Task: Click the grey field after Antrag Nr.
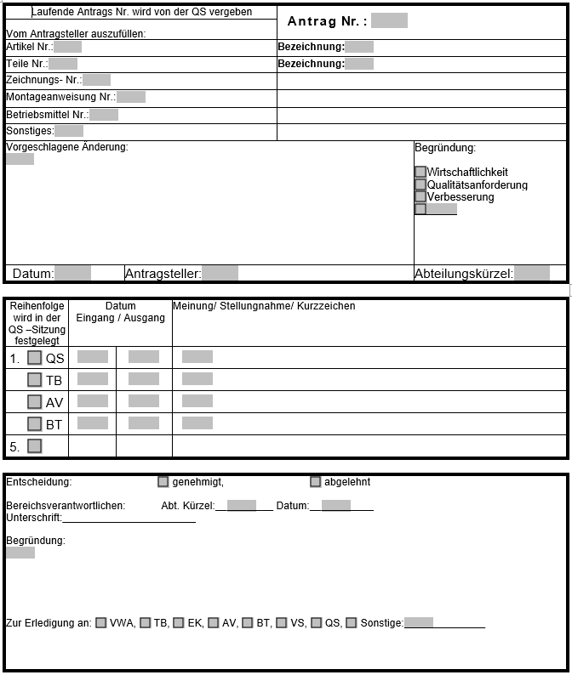click(x=389, y=20)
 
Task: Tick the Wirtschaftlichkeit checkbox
click(x=420, y=172)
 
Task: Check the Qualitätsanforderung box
click(x=420, y=184)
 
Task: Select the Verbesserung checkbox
click(x=420, y=196)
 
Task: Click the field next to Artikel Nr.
click(x=67, y=47)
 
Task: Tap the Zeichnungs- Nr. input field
click(x=96, y=80)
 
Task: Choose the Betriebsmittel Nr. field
click(x=104, y=114)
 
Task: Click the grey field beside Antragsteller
click(x=220, y=273)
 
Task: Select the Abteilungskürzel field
click(x=532, y=273)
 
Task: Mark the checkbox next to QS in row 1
click(x=35, y=358)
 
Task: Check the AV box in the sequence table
click(x=35, y=401)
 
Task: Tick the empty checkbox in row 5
click(x=35, y=445)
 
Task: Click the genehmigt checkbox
click(x=163, y=482)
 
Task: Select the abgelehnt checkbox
click(x=316, y=482)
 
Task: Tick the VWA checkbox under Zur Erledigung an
click(x=101, y=623)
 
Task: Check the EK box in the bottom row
click(x=179, y=623)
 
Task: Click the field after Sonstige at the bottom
click(x=419, y=623)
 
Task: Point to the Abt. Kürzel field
click(x=242, y=506)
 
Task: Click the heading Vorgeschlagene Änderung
click(x=67, y=147)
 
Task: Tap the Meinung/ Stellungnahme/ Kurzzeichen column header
click(x=264, y=306)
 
